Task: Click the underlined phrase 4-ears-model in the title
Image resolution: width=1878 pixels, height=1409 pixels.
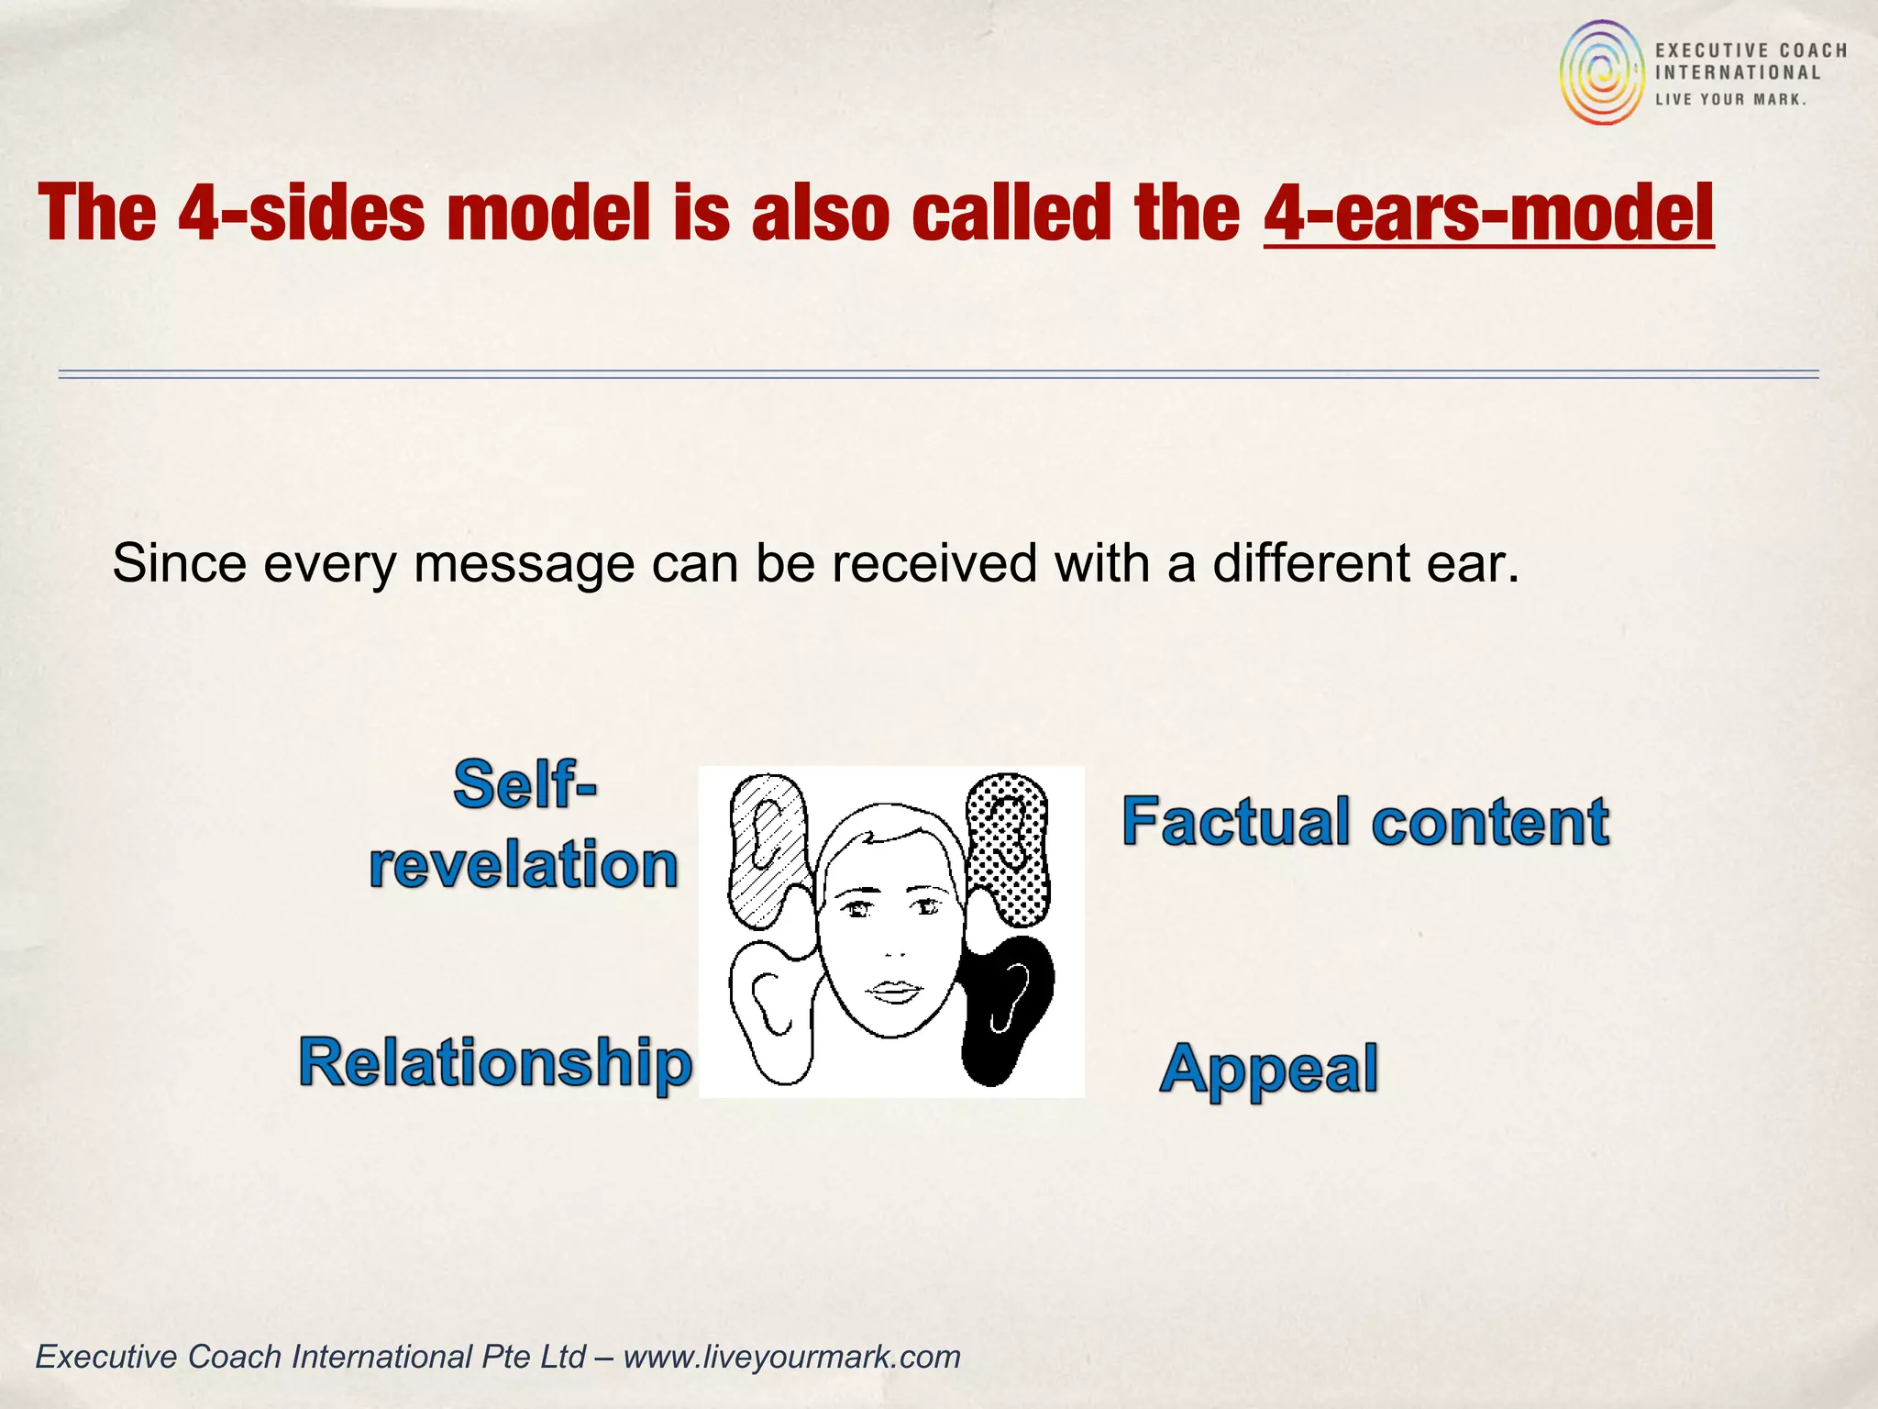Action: [x=1487, y=214]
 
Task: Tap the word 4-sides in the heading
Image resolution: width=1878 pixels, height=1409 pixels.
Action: [x=300, y=214]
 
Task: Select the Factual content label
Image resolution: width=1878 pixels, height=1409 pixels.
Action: [x=1364, y=821]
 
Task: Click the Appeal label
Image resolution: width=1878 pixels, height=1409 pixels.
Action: [x=1268, y=1069]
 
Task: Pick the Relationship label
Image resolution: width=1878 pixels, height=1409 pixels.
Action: [x=495, y=1062]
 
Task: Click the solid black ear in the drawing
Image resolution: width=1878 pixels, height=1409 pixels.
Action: [x=1007, y=1009]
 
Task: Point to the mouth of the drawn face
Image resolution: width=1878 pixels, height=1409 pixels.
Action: [x=894, y=991]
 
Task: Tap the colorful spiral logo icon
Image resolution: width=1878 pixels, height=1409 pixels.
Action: [x=1602, y=73]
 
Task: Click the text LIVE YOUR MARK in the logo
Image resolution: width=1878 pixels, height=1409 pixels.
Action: [x=1730, y=99]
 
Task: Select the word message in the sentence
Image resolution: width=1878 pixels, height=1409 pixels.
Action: [x=524, y=563]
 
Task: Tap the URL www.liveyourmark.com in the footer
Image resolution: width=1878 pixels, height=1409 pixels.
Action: [x=791, y=1356]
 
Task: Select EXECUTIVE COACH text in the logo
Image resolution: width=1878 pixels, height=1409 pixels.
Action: [x=1751, y=50]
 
